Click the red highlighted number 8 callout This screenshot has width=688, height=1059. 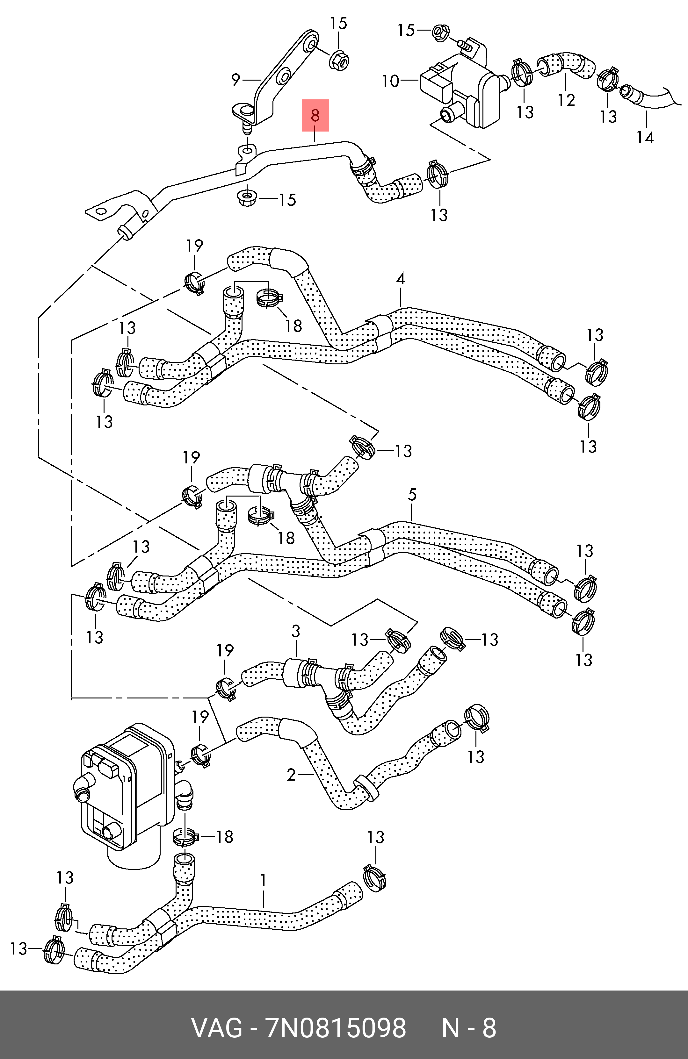315,115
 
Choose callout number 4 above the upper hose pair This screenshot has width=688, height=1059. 400,279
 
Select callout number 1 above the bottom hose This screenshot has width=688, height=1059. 263,880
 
